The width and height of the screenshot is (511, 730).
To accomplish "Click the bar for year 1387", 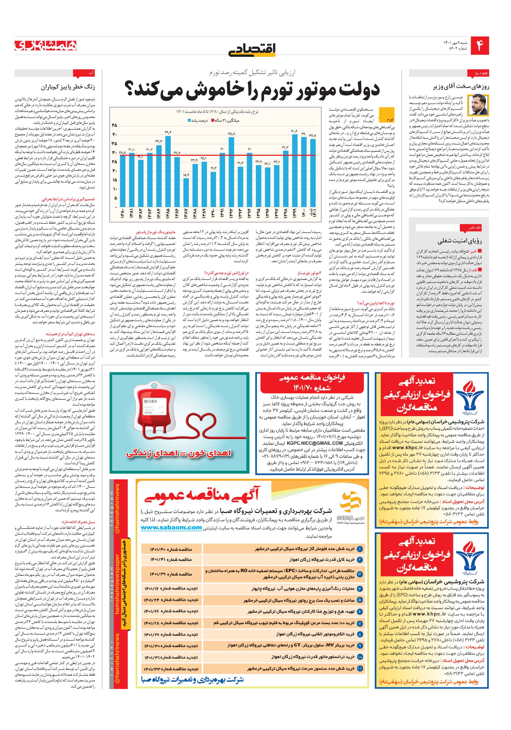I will (x=186, y=192).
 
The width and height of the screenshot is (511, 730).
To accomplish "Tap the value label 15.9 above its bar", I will (x=186, y=175).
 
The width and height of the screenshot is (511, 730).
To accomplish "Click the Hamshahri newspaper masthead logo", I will (x=46, y=46).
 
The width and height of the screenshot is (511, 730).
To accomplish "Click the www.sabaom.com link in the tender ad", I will (x=171, y=527).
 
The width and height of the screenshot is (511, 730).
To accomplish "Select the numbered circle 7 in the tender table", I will (x=360, y=623).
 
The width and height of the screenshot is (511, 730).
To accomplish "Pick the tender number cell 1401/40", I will (x=171, y=549).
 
